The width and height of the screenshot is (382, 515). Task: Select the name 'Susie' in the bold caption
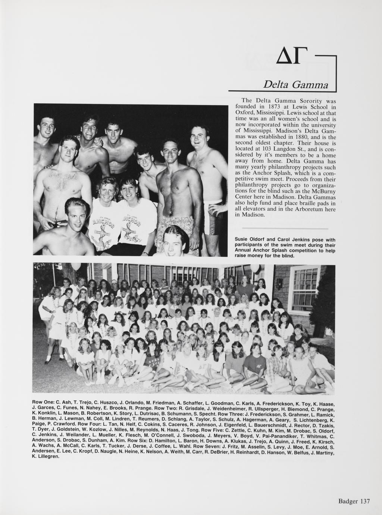coord(242,240)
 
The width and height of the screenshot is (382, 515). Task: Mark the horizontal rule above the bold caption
coord(285,228)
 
